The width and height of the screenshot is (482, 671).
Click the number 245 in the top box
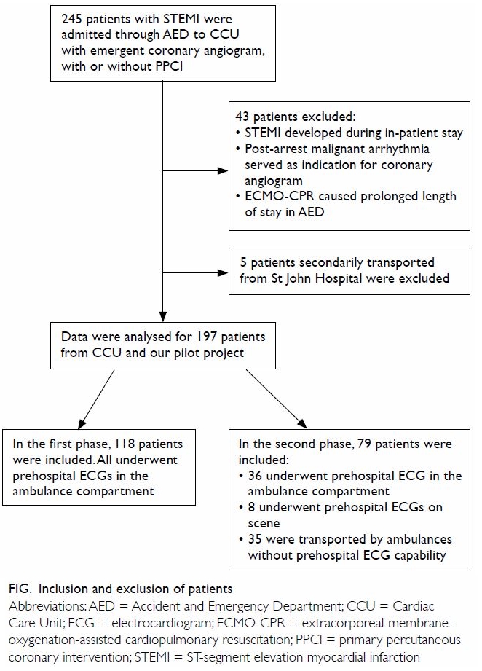tap(71, 19)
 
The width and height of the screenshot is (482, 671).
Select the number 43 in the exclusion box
tap(242, 117)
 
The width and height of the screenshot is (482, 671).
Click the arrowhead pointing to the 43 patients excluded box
tap(223, 171)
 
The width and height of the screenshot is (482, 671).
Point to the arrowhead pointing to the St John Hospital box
tap(223, 273)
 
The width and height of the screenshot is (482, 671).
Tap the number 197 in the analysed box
tap(207, 337)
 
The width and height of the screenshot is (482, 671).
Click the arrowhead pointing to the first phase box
tap(82, 423)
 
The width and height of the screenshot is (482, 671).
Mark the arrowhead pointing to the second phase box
tap(302, 423)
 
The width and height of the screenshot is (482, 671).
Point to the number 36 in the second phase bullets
tap(255, 476)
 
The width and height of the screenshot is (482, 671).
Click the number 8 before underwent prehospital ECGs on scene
tap(251, 508)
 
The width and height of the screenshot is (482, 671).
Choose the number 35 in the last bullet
tap(255, 539)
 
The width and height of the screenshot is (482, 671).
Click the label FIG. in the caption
tap(20, 589)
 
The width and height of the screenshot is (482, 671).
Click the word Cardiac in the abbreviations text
tap(413, 606)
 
